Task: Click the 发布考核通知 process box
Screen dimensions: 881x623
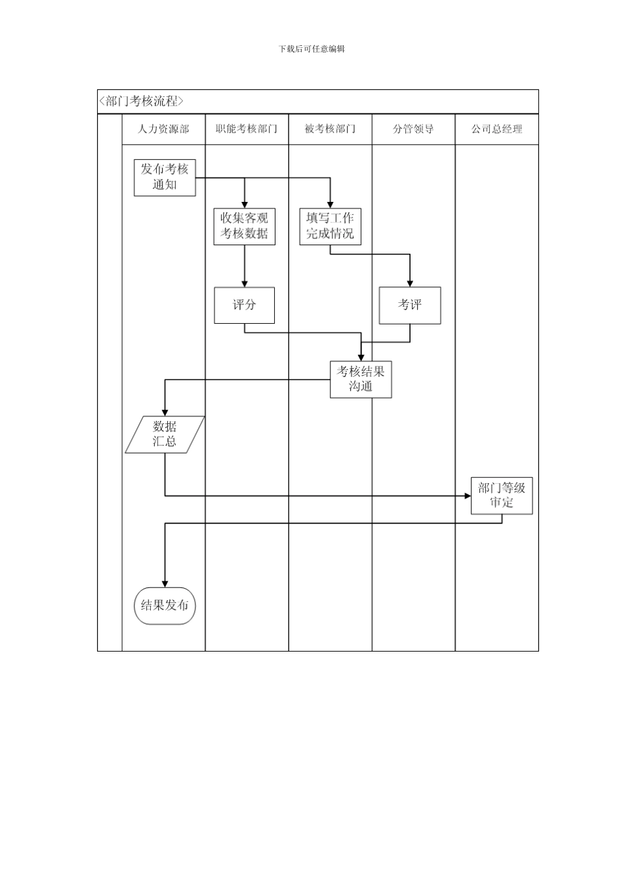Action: (165, 177)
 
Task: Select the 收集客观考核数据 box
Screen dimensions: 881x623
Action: (244, 226)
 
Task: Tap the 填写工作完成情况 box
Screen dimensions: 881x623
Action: (330, 226)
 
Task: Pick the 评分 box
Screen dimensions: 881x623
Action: (244, 305)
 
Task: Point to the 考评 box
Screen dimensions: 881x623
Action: (410, 305)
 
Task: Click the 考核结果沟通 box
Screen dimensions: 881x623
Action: (361, 380)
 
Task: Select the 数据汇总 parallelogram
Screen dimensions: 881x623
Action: (165, 434)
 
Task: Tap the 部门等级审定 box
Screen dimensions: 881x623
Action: (502, 496)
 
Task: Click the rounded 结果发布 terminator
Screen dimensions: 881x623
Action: (165, 606)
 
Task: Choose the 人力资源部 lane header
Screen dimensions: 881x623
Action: (163, 129)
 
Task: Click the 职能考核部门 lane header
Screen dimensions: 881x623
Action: (247, 129)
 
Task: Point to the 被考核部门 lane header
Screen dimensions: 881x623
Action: (330, 129)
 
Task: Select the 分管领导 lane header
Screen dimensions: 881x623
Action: (413, 129)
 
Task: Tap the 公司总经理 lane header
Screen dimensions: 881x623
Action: (496, 129)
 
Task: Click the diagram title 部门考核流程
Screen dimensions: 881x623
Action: (142, 102)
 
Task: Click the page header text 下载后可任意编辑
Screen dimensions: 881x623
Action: (311, 49)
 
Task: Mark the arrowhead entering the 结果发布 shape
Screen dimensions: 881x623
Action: (165, 583)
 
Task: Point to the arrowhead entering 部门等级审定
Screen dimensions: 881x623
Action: (467, 496)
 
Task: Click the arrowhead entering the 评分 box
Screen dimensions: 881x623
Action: (245, 283)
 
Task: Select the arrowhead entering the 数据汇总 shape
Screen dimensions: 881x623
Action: (165, 412)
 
